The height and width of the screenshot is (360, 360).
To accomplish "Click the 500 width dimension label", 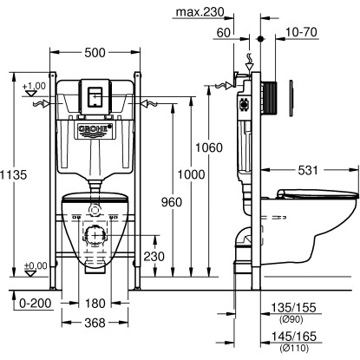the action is click(95, 53).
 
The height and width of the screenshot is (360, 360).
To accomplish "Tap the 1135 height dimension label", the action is click(13, 174).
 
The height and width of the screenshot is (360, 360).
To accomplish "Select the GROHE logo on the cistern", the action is click(95, 128).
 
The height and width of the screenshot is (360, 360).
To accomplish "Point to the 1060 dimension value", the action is click(209, 147).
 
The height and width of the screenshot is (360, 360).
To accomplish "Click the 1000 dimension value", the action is click(191, 174).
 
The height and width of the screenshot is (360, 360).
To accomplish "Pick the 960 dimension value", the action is click(172, 202).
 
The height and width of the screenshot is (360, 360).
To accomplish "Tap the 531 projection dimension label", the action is click(308, 170).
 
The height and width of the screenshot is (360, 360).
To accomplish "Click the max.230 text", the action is click(200, 12).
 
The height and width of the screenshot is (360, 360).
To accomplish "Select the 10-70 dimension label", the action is click(301, 32).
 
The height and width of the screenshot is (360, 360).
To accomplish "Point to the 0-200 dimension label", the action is click(36, 304).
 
